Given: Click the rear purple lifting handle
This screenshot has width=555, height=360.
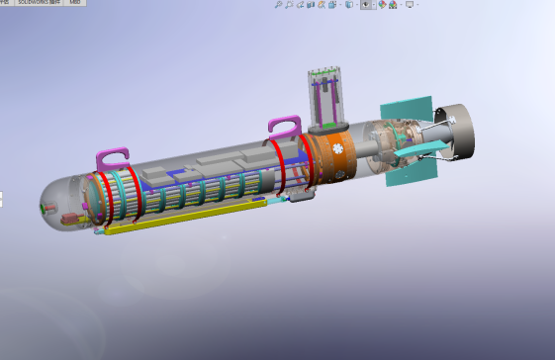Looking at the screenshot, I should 283,126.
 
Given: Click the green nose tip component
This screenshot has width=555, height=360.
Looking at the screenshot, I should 43,209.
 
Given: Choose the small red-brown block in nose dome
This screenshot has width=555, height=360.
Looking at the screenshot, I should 70,216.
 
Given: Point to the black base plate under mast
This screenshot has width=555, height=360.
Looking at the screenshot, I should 328,128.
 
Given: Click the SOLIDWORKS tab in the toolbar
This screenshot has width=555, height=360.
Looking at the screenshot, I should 38,3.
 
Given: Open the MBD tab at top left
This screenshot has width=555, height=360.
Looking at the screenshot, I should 74,3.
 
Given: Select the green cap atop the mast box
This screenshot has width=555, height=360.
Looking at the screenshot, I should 324,71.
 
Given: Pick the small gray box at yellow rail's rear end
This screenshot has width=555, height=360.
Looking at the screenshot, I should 302,196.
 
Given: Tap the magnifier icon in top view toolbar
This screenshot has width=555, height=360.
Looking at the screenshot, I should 279,5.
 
